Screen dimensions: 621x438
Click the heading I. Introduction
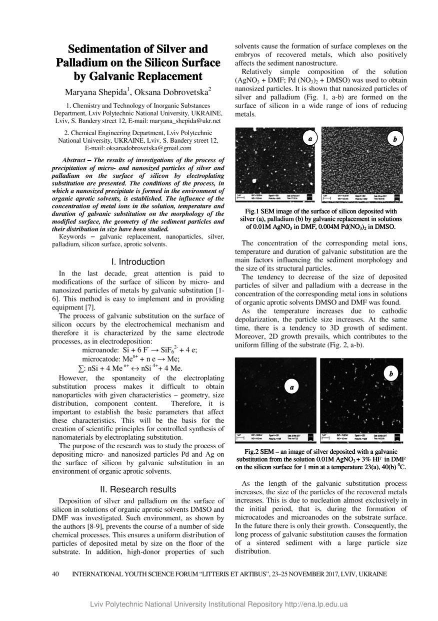pos(138,262)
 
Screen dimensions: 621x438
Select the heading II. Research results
pos(138,489)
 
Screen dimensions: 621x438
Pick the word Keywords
pos(75,236)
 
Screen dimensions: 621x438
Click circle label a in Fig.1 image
pos(310,138)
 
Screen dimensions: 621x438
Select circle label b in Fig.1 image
pos(395,139)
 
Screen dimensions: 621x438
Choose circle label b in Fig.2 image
pos(390,374)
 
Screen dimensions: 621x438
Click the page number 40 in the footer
pos(56,574)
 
